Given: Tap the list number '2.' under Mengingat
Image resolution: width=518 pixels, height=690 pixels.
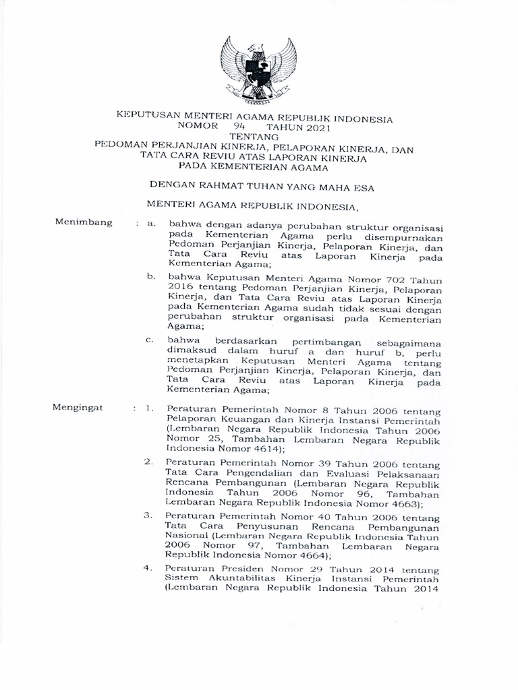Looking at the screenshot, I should (147, 463).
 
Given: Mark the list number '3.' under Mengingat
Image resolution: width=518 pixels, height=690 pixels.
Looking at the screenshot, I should (147, 515).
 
